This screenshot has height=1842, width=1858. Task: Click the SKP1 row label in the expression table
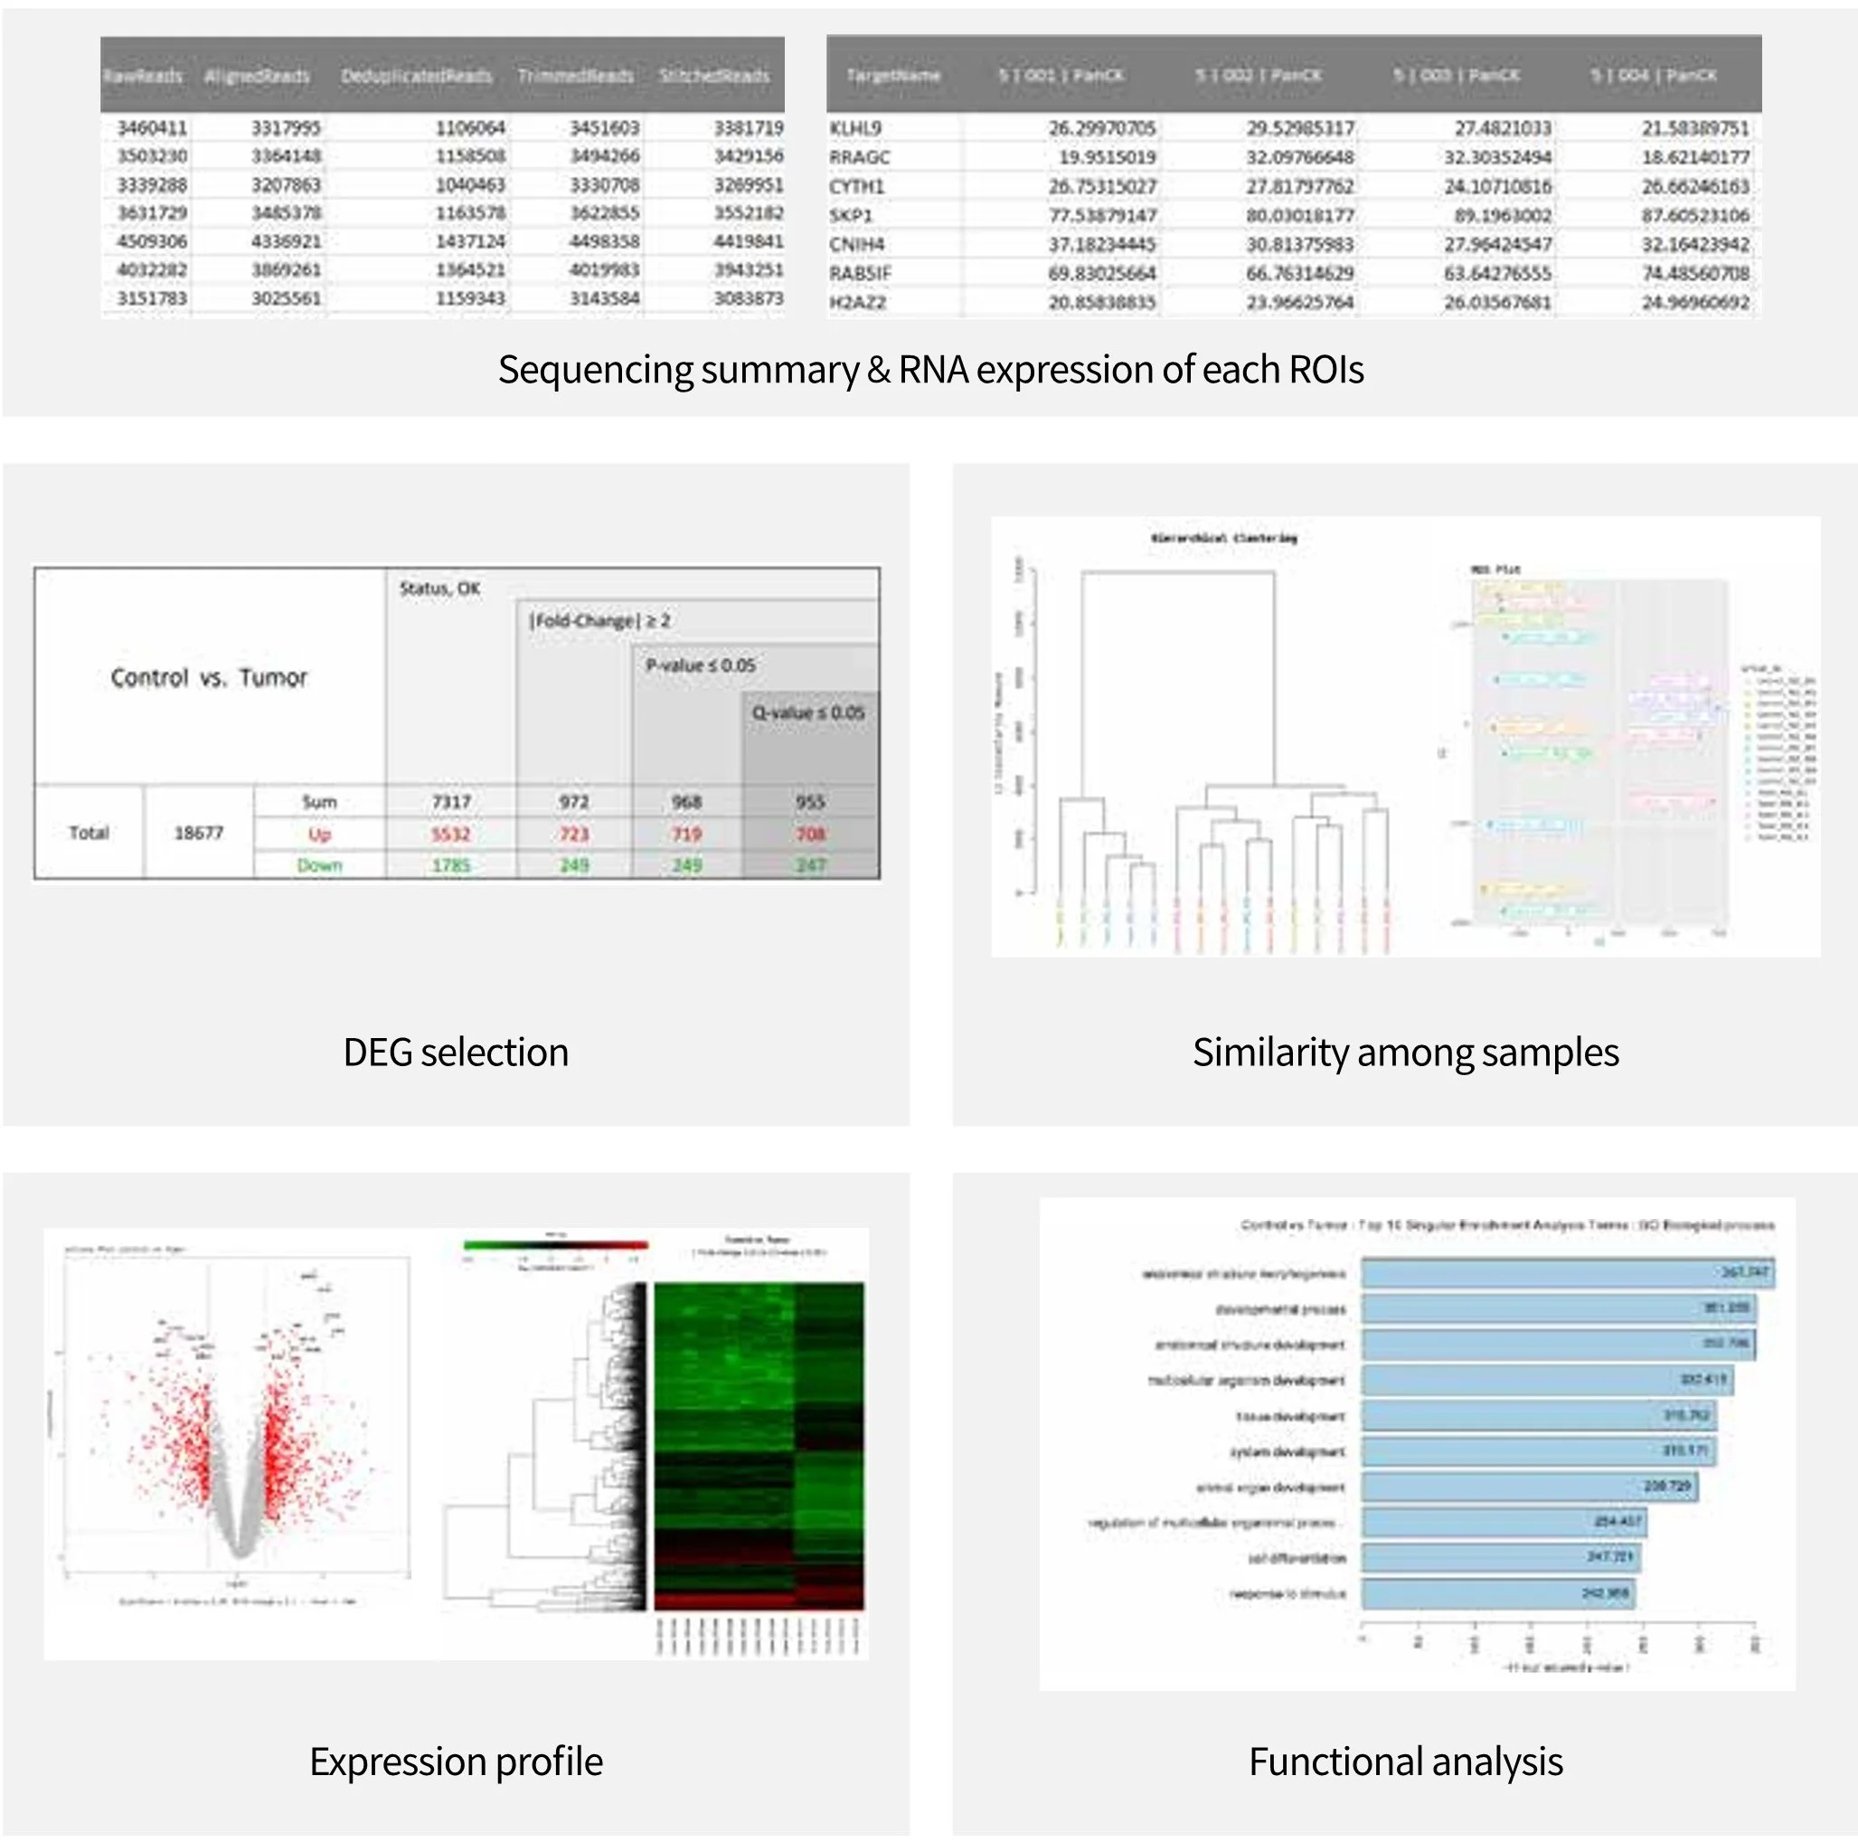coord(850,215)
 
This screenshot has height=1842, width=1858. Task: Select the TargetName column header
coord(892,75)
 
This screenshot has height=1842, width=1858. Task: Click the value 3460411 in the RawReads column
coord(152,128)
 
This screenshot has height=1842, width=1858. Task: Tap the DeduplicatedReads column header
coord(416,76)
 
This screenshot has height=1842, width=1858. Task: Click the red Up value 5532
coord(450,834)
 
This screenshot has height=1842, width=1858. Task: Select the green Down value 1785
coord(450,865)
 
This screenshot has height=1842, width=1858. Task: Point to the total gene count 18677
coord(198,833)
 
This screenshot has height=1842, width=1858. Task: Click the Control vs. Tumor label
coord(209,678)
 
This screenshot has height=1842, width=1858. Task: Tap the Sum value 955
coord(810,802)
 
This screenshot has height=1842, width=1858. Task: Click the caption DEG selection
coord(456,1053)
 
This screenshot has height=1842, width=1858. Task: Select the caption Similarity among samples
coord(1405,1053)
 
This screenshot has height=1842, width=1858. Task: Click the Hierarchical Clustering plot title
coord(1223,539)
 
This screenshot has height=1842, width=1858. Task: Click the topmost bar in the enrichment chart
coord(1568,1273)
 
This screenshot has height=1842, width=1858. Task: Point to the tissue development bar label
coord(1289,1416)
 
